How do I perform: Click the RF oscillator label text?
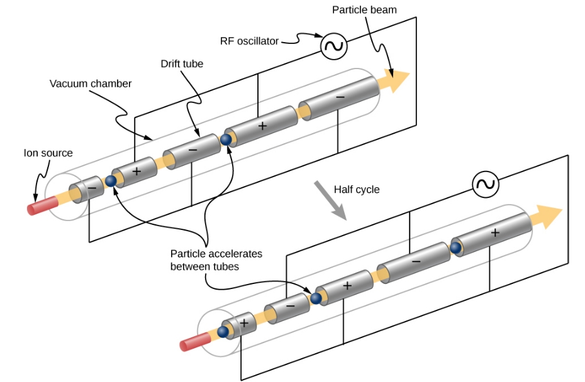[x=249, y=41]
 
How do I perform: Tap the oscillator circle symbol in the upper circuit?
[x=333, y=46]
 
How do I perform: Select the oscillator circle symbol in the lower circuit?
[x=485, y=184]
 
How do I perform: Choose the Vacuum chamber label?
[x=91, y=84]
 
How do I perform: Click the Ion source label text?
[x=48, y=153]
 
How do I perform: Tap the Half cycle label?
[x=357, y=189]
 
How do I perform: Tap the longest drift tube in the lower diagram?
[x=491, y=234]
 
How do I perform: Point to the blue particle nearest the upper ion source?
[x=111, y=181]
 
